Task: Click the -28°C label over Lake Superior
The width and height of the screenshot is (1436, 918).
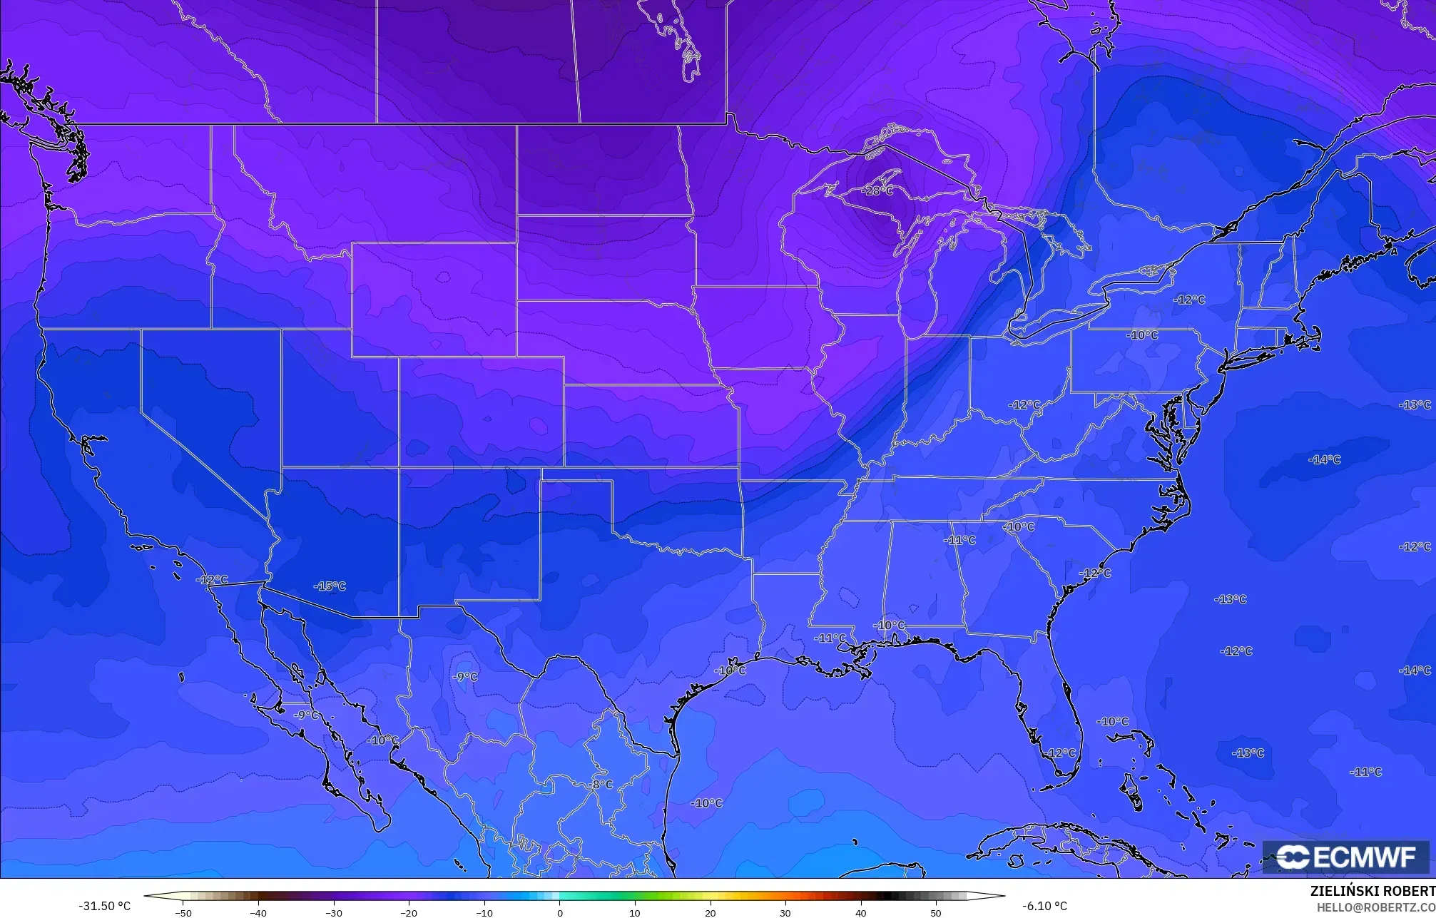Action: tap(877, 191)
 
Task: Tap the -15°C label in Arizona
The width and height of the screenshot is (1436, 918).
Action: tap(330, 586)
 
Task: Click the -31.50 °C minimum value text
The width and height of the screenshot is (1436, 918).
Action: tap(104, 906)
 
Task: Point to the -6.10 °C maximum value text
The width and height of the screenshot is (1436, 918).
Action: tap(1045, 906)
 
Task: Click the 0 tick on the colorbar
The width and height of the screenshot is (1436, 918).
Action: tap(559, 912)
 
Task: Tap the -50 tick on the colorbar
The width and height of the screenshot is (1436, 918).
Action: tap(183, 912)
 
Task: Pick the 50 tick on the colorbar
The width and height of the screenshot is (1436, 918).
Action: tap(936, 912)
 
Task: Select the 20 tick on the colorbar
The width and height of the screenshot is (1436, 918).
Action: tap(710, 912)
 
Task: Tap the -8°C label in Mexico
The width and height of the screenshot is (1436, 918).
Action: tap(601, 785)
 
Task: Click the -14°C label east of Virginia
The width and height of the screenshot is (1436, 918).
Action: tap(1325, 460)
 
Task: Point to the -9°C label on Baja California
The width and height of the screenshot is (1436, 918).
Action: tap(307, 715)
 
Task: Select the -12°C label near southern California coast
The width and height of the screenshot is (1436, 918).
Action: tap(212, 580)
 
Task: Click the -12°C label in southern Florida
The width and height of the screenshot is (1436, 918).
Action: tap(1061, 753)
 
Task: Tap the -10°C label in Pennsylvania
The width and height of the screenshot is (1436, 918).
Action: tap(1142, 335)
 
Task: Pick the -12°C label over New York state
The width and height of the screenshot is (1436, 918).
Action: tap(1189, 300)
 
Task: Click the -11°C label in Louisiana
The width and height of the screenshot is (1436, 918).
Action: tap(830, 638)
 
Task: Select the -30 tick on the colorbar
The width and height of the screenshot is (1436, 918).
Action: tap(334, 912)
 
